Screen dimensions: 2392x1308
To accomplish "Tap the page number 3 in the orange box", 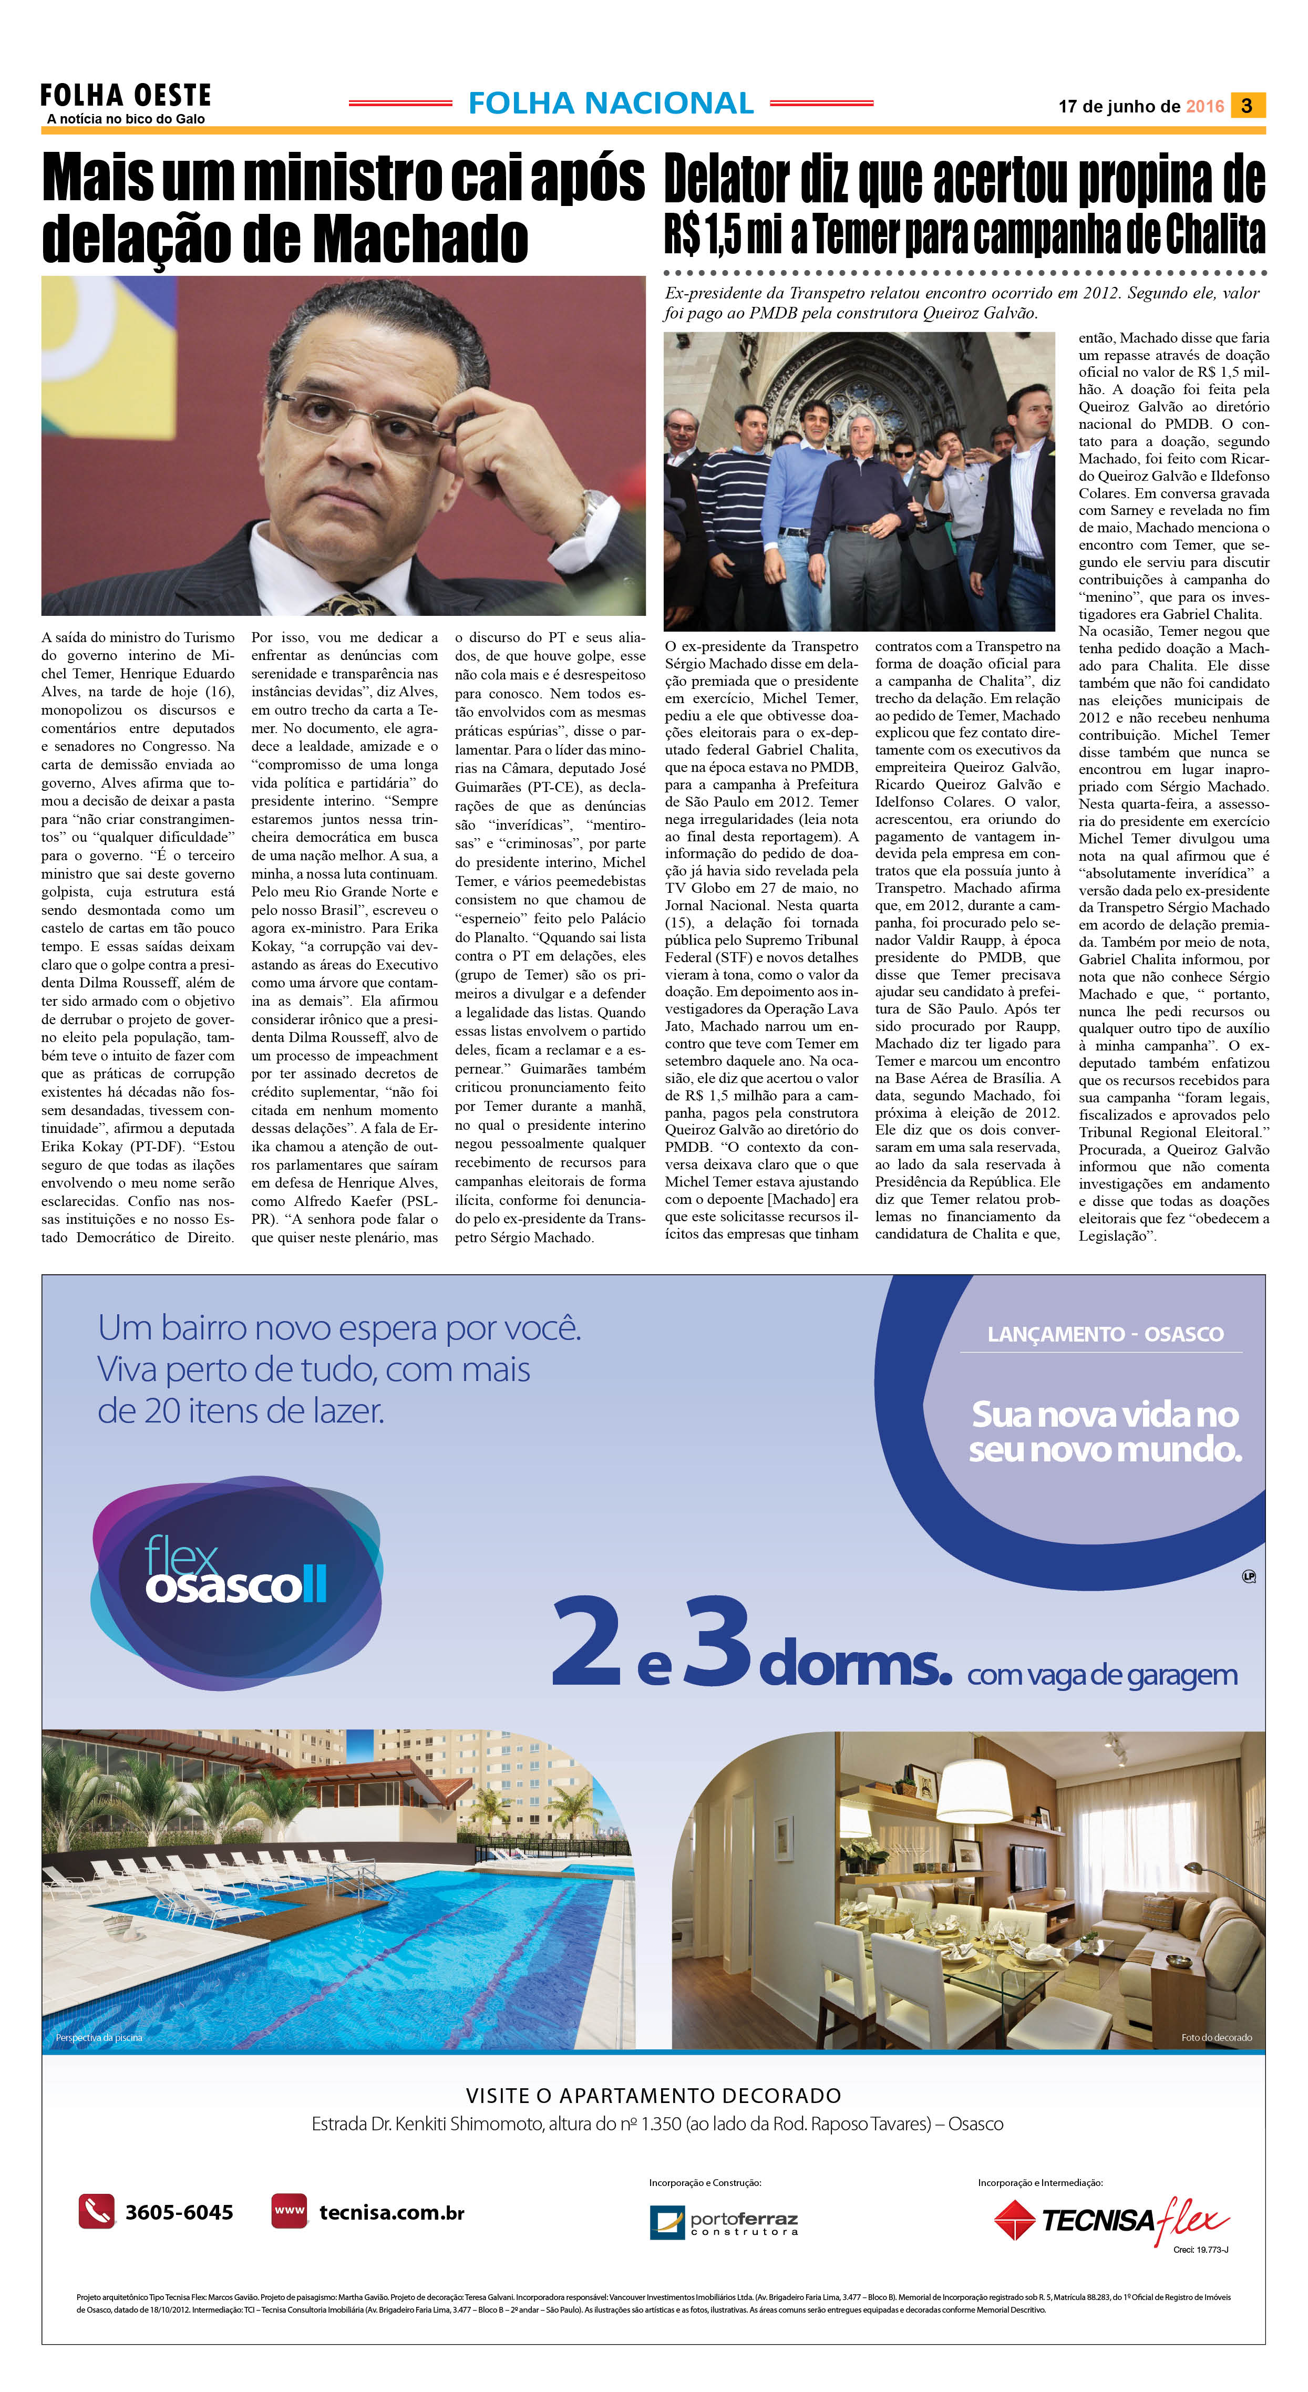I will point(1247,106).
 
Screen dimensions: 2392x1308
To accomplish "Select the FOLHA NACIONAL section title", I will point(611,103).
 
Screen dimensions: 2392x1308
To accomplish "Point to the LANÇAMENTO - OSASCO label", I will point(1105,1334).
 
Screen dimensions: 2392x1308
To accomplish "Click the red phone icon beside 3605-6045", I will point(96,2211).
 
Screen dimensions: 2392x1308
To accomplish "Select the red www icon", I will point(289,2211).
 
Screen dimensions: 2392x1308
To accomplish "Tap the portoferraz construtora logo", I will point(724,2223).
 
